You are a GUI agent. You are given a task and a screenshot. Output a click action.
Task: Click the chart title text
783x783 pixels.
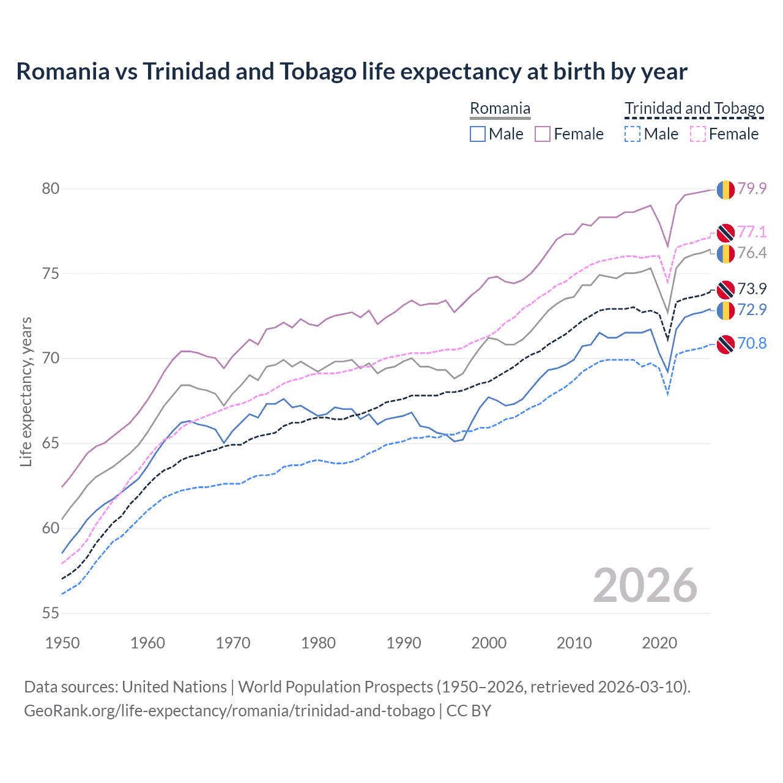(352, 72)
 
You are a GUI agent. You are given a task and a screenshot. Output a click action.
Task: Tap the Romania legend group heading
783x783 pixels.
(500, 109)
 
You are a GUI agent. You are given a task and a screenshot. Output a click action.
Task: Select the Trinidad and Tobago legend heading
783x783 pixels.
(694, 109)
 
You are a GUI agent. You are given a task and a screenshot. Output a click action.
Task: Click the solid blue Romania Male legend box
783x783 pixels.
(478, 134)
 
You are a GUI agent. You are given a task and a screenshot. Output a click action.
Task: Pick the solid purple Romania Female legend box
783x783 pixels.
(543, 134)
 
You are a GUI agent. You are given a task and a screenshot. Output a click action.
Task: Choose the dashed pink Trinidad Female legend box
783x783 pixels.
(698, 134)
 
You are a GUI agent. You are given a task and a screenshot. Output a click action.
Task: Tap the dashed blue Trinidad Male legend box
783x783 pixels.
(633, 134)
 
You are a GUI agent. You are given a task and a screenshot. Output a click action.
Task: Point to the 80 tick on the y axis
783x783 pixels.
(51, 188)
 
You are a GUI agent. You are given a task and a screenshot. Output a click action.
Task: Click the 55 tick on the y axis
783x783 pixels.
(51, 613)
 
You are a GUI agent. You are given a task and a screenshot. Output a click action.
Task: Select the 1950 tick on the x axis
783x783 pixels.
(62, 643)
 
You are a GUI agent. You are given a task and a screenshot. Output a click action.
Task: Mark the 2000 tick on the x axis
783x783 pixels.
(489, 643)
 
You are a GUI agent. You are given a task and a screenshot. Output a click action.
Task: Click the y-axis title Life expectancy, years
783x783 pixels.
(26, 391)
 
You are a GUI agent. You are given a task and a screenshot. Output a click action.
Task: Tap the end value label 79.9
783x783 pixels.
(752, 188)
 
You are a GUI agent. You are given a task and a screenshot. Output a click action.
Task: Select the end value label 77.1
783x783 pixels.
(752, 232)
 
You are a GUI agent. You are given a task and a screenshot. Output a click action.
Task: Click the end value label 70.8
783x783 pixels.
(752, 343)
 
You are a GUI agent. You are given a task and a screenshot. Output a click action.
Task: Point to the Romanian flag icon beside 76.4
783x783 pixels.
(725, 253)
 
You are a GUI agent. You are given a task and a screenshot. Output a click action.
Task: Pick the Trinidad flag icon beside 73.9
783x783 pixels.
(725, 289)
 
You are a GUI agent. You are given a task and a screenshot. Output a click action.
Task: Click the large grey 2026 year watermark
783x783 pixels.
(645, 585)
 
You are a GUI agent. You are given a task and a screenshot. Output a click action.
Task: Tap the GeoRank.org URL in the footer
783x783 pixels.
(229, 711)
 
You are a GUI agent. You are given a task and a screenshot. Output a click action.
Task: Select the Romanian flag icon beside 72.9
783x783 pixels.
(725, 310)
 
